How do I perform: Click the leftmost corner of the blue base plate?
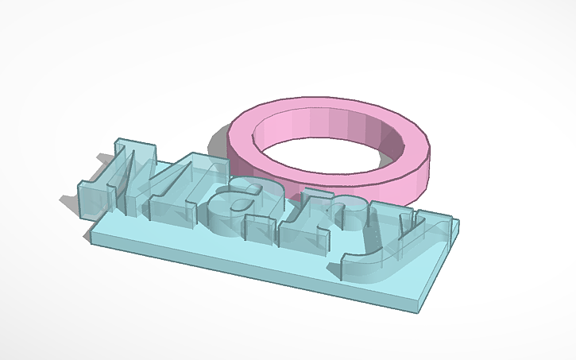[90, 236]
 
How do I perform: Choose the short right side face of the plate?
[440, 270]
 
